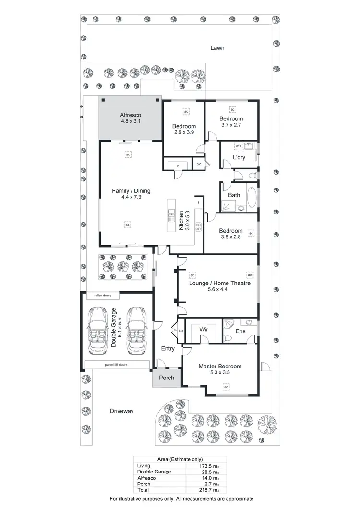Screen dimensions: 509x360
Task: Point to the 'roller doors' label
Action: click(x=103, y=296)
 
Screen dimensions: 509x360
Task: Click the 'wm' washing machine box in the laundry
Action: click(x=238, y=145)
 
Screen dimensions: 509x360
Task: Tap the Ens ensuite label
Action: click(x=240, y=331)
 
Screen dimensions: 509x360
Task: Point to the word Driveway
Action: click(x=121, y=411)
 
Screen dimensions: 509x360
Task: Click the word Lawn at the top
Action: click(x=217, y=48)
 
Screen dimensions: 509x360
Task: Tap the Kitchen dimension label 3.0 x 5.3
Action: click(x=188, y=221)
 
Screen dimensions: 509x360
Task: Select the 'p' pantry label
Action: click(x=178, y=165)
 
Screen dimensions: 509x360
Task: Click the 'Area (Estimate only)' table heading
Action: click(x=180, y=459)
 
